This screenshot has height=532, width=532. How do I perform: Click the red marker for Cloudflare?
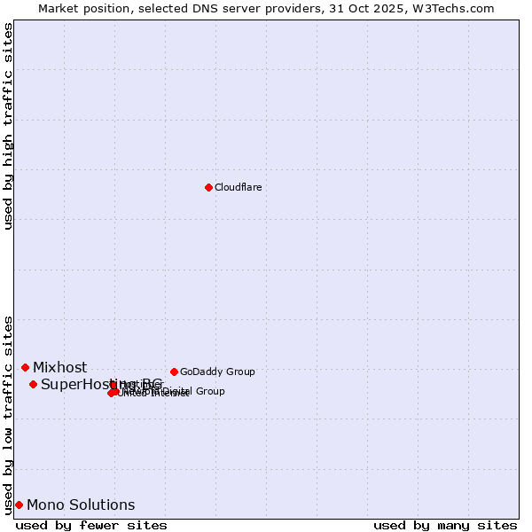pyautogui.click(x=208, y=187)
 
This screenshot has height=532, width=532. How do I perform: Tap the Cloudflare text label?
pyautogui.click(x=238, y=187)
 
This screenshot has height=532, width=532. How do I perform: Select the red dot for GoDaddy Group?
pyautogui.click(x=174, y=372)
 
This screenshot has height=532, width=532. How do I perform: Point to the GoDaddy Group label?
pyautogui.click(x=217, y=372)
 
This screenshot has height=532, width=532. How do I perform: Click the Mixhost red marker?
pyautogui.click(x=25, y=367)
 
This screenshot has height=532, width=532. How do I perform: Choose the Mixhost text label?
pyautogui.click(x=60, y=368)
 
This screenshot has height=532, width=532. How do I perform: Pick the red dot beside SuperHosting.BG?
pyautogui.click(x=33, y=384)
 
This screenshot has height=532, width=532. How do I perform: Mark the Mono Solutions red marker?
pyautogui.click(x=19, y=505)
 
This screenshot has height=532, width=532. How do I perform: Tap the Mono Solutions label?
pyautogui.click(x=81, y=505)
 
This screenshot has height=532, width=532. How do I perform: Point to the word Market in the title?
pyautogui.click(x=59, y=8)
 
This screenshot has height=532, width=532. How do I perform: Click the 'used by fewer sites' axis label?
pyautogui.click(x=91, y=525)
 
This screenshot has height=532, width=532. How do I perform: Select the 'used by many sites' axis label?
pyautogui.click(x=445, y=525)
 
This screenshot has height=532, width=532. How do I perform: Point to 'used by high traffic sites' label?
pyautogui.click(x=9, y=126)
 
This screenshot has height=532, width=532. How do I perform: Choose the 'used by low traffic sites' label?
pyautogui.click(x=9, y=414)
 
